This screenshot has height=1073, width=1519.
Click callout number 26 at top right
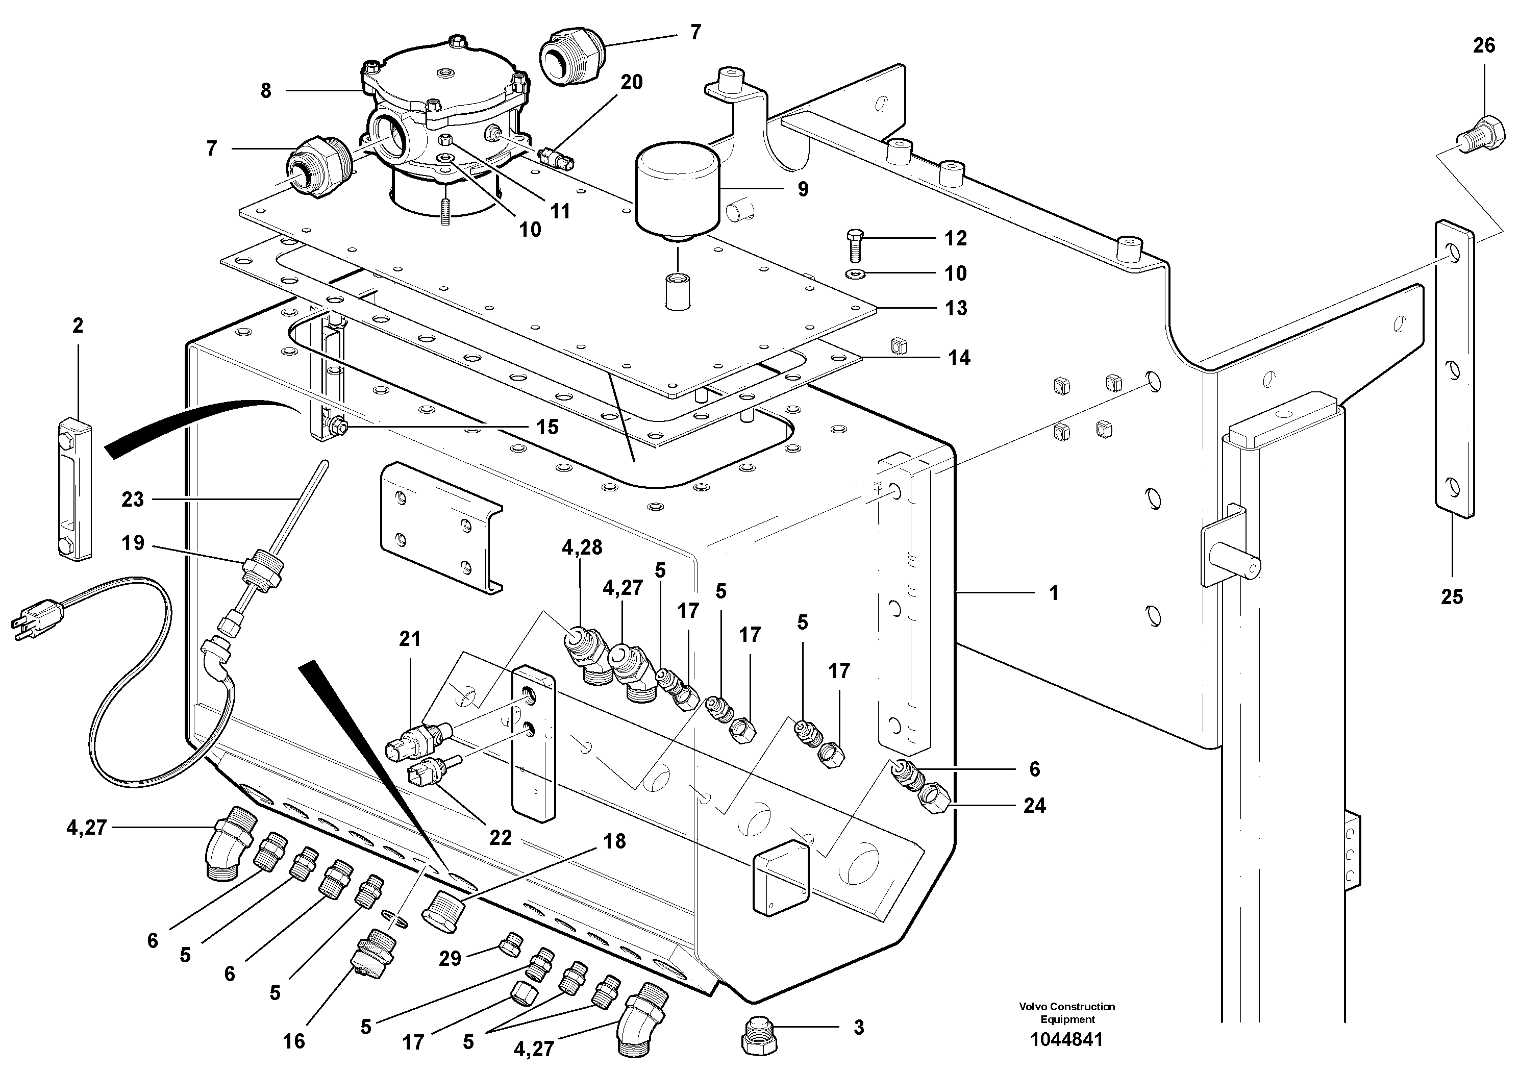1484,45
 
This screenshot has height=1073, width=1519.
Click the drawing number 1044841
1066,1040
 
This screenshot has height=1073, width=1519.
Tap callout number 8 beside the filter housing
265,91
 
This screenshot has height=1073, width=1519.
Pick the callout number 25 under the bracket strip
1452,596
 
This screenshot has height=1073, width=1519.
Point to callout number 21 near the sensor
410,638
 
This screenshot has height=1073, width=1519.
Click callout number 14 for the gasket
959,357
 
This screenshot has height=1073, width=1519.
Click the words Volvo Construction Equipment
1066,1013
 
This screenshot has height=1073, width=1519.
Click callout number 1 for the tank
1054,593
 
